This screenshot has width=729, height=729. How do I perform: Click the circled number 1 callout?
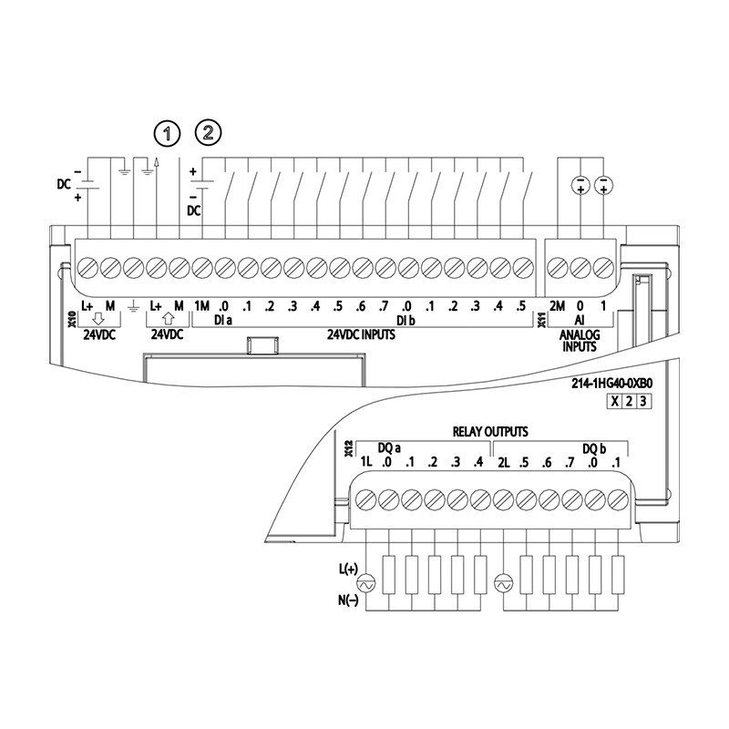167,133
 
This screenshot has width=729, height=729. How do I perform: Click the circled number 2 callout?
210,133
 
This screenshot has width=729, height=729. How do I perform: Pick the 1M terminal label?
202,305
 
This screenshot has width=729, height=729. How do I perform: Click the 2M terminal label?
557,305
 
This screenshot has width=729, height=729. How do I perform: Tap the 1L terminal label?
366,463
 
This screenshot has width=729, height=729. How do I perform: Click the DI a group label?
223,321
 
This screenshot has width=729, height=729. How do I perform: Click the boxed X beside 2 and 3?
615,402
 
